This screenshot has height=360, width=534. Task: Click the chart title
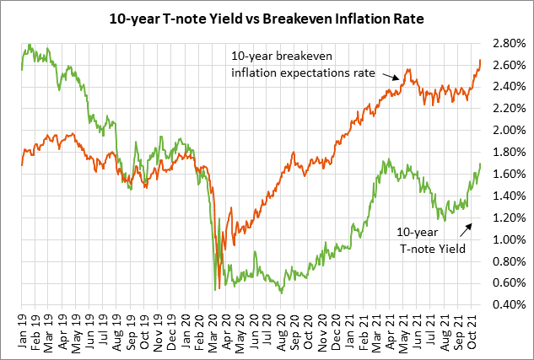pos(267,17)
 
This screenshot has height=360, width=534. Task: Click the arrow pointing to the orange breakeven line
pos(394,78)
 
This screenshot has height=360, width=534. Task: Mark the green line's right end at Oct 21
pos(480,164)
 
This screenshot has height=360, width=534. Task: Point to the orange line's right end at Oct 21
pos(480,60)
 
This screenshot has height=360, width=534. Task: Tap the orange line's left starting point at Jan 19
pos(22,165)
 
